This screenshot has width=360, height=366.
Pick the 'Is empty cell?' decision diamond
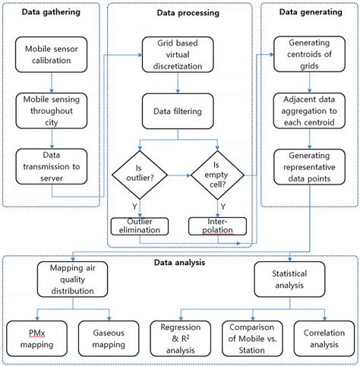pyautogui.click(x=218, y=175)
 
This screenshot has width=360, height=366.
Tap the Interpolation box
pyautogui.click(x=218, y=226)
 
